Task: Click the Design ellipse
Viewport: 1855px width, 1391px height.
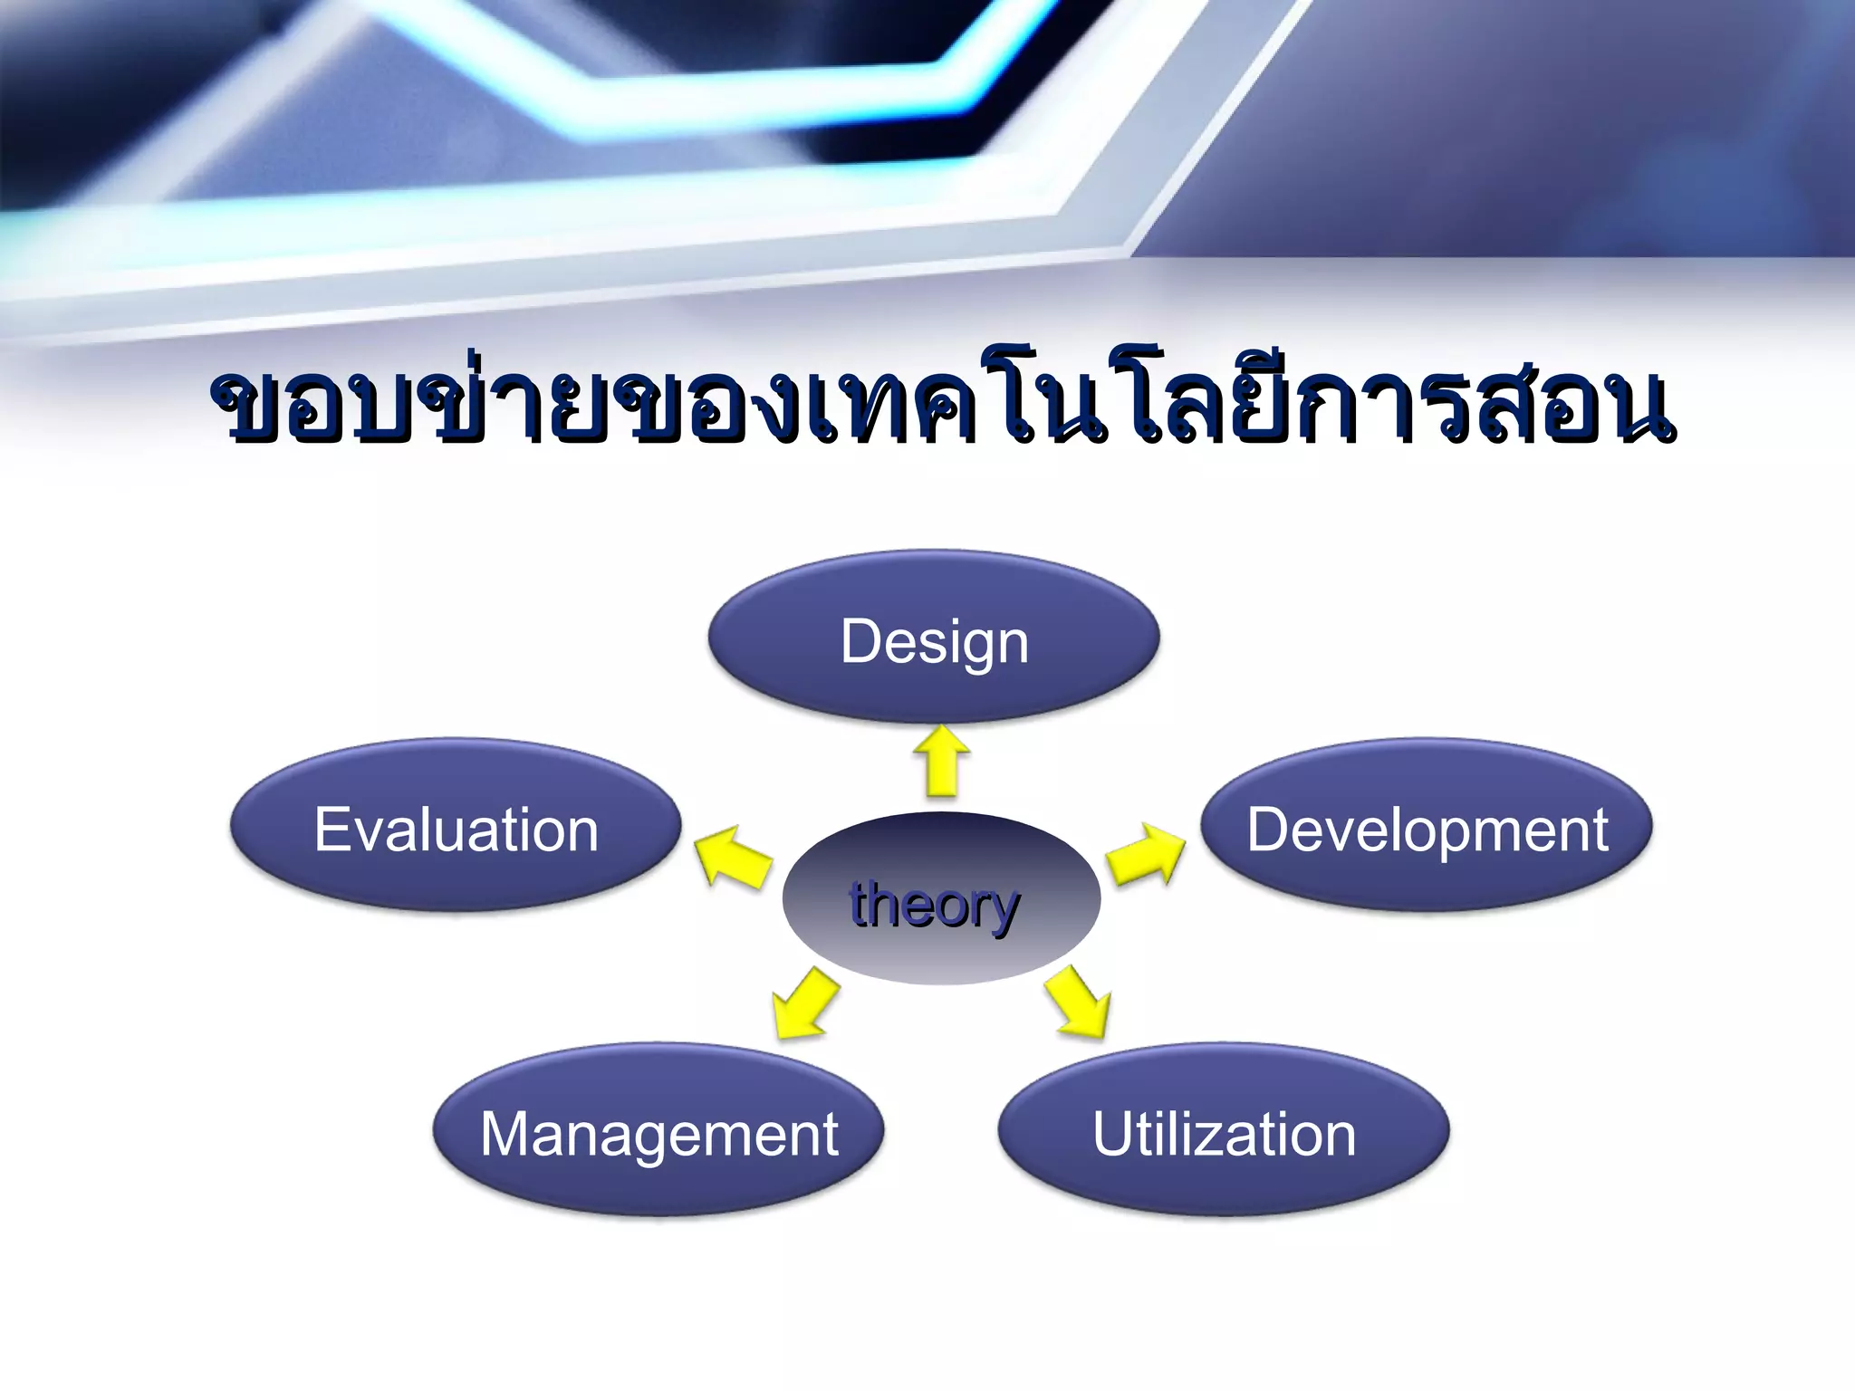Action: click(x=933, y=638)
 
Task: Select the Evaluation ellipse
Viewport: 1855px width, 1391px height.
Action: click(x=456, y=826)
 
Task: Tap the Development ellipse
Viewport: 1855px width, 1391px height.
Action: click(x=1427, y=826)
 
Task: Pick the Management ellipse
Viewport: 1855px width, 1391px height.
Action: click(x=658, y=1130)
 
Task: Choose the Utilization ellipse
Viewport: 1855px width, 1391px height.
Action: click(x=1224, y=1130)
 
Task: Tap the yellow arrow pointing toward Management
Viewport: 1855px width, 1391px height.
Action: click(x=803, y=1002)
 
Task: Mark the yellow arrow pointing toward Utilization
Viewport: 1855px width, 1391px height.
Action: click(x=1078, y=1002)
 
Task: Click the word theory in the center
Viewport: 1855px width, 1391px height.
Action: click(x=935, y=905)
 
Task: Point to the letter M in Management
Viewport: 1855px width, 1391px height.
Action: click(x=507, y=1134)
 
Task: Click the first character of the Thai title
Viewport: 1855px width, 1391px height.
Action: click(x=247, y=408)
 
